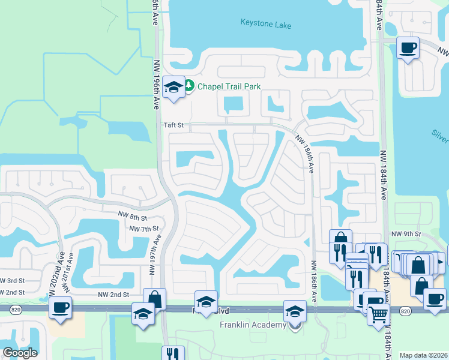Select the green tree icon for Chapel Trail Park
click(189, 86)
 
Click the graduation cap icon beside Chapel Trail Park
click(173, 87)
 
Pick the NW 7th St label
click(144, 229)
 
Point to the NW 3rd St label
click(11, 280)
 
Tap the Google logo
click(20, 353)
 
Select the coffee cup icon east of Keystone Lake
click(409, 47)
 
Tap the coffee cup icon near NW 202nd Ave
click(61, 308)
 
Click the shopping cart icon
click(378, 314)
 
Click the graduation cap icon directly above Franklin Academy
click(294, 311)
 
